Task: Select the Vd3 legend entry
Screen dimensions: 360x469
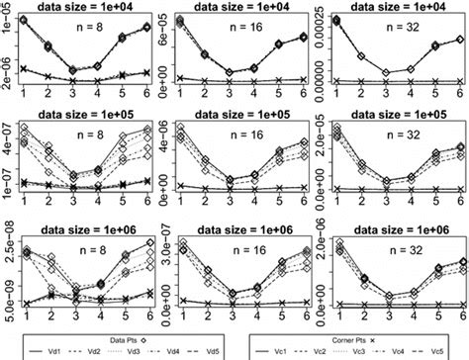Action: pos(127,349)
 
